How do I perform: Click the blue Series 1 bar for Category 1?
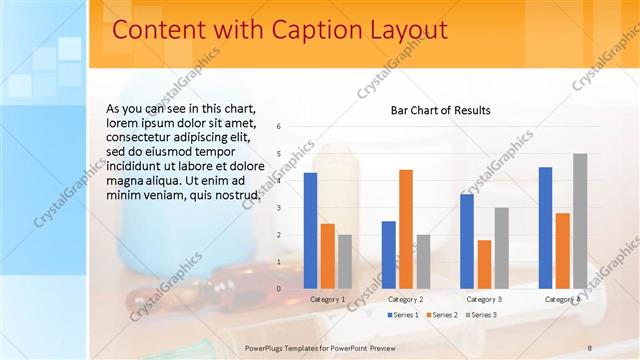310,231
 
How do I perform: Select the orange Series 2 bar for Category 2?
405,229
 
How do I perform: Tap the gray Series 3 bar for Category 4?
580,221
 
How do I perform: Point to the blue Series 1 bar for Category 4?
545,228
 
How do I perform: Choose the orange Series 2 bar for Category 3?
484,264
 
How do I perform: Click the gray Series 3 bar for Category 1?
345,261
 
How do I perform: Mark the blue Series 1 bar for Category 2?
388,255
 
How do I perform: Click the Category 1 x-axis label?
327,299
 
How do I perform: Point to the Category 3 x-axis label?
484,299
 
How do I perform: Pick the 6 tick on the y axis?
279,126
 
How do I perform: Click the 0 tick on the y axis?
279,288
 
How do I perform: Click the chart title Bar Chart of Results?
440,110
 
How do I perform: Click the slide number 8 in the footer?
590,346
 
